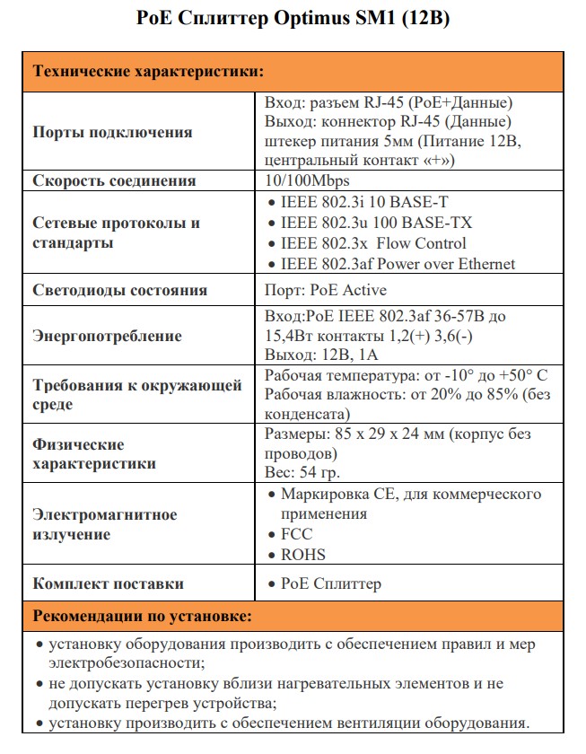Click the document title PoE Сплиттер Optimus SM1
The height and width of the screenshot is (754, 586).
[293, 19]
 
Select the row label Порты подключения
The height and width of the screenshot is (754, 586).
[112, 132]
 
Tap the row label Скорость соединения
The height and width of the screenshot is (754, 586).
[114, 180]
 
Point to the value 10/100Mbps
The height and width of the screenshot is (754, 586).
[305, 180]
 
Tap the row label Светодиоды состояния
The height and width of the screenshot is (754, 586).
[119, 290]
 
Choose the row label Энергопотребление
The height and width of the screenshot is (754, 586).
[107, 336]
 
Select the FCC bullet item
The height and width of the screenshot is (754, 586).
[296, 534]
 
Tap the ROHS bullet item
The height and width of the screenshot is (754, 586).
[302, 555]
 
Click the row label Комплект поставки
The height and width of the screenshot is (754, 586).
[108, 583]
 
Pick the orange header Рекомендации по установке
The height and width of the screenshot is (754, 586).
[142, 617]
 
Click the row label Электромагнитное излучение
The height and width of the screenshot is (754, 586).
[104, 524]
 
